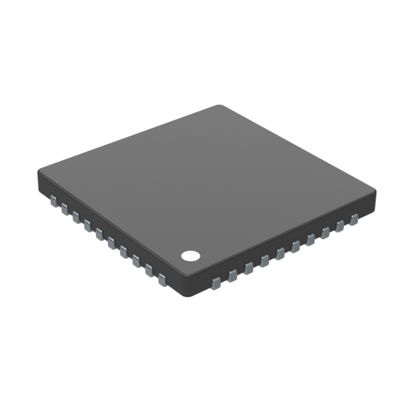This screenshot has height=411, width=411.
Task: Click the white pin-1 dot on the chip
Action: point(190,256)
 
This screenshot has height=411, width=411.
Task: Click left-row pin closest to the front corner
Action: point(162,279)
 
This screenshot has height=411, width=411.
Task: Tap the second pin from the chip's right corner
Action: point(340,226)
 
